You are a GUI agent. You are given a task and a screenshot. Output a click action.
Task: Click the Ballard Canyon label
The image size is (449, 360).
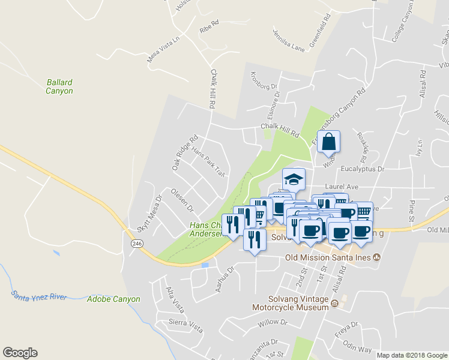59,86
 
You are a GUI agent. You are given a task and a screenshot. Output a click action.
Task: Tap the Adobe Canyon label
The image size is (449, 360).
113,299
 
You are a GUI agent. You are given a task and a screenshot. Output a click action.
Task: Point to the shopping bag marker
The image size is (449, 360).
329,142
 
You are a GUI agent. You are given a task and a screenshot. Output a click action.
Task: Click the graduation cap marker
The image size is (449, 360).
294,179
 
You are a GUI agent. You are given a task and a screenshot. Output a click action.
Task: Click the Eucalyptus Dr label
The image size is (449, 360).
362,170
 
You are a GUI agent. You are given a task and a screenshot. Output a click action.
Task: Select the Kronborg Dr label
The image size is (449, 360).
265,86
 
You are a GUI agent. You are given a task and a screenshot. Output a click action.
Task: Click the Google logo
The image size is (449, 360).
20,353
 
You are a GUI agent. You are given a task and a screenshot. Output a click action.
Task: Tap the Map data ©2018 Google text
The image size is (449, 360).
411,355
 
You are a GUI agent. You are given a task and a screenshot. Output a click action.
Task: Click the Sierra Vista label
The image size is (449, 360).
185,323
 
